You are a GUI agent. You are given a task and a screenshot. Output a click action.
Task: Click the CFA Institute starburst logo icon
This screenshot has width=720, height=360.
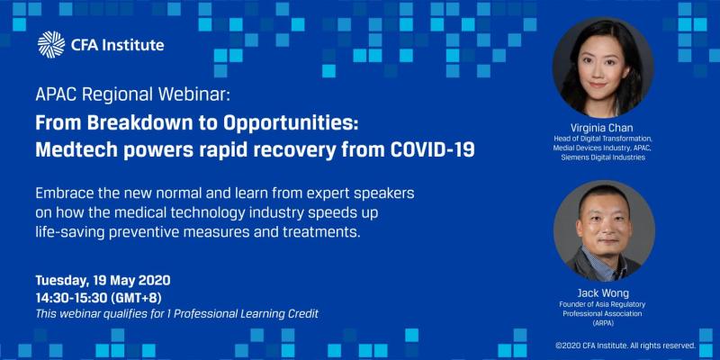point(51,45)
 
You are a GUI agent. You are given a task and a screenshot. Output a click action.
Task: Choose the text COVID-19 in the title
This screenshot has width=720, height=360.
point(432,150)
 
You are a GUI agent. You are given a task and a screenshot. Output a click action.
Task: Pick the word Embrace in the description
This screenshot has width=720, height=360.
point(62,193)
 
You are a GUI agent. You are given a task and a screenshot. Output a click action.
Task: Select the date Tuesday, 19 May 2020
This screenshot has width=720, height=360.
point(103,280)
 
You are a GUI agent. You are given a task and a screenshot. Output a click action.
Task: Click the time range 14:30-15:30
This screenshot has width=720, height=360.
point(71,298)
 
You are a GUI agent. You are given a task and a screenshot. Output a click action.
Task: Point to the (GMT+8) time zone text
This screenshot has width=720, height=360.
point(137,298)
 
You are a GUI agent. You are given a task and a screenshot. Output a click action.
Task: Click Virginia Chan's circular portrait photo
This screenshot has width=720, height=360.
point(603,68)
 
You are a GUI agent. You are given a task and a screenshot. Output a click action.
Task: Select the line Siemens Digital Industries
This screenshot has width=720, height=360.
point(602,157)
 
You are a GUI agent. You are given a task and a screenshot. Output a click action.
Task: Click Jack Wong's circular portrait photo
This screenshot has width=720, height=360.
point(604,231)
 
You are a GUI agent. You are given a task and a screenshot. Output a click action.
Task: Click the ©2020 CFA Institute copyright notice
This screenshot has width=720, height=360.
point(625,346)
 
